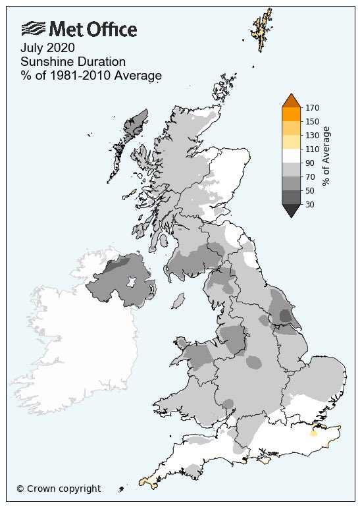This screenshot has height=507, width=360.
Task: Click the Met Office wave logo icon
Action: pyautogui.click(x=33, y=28)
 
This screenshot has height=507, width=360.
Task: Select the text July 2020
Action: pyautogui.click(x=47, y=48)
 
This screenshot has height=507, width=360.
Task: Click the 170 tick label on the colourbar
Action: pyautogui.click(x=312, y=107)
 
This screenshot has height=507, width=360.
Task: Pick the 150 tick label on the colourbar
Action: pyautogui.click(x=312, y=122)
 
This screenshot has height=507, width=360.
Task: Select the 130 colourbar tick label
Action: pyautogui.click(x=312, y=136)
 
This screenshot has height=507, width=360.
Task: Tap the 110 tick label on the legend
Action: pyautogui.click(x=312, y=149)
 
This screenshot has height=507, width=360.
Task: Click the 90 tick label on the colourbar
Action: pyautogui.click(x=310, y=163)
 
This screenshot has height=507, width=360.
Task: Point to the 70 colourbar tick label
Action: pyautogui.click(x=310, y=177)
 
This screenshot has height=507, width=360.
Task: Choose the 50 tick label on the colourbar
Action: pyautogui.click(x=310, y=191)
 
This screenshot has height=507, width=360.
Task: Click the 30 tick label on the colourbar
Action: pyautogui.click(x=310, y=205)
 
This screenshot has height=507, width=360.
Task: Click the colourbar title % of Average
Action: pyautogui.click(x=327, y=155)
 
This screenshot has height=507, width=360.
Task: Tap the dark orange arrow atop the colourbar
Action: pyautogui.click(x=291, y=101)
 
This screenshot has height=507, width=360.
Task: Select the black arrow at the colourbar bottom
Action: pyautogui.click(x=291, y=210)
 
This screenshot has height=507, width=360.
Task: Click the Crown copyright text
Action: pyautogui.click(x=59, y=489)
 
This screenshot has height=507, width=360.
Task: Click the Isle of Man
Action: pyautogui.click(x=176, y=301)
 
